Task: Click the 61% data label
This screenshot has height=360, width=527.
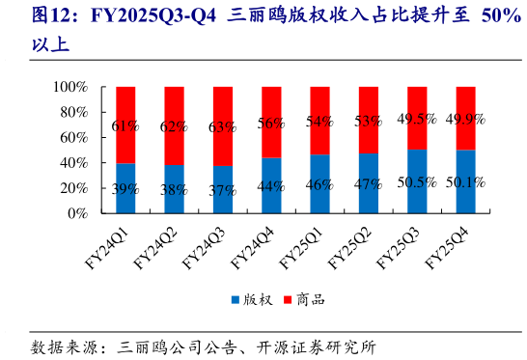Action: pos(125,126)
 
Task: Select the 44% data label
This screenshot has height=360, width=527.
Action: pos(271,186)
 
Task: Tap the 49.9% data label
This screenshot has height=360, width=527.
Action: pos(465,119)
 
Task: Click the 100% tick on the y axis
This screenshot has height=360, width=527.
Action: pos(69,87)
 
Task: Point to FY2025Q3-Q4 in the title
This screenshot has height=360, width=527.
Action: pos(155,16)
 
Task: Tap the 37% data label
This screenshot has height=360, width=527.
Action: pos(223,190)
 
